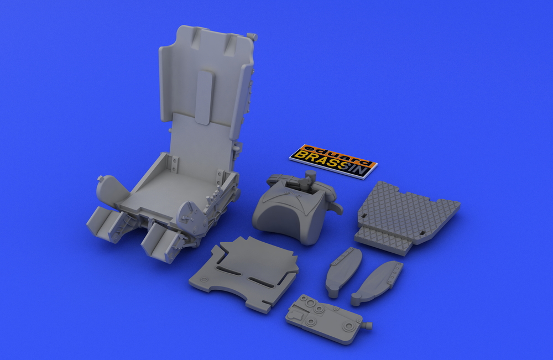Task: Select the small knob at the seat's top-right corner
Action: (253, 35)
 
